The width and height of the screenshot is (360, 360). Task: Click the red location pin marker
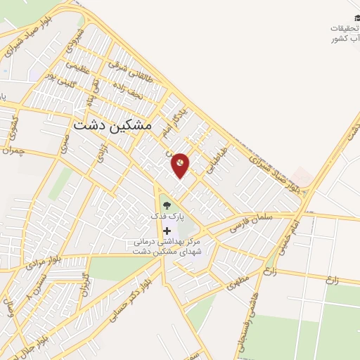click(x=181, y=165)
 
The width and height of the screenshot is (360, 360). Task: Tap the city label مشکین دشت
click(x=112, y=124)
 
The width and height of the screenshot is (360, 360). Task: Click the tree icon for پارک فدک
click(x=166, y=205)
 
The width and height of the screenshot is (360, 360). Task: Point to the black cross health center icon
click(x=167, y=231)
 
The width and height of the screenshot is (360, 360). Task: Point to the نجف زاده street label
click(x=132, y=91)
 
